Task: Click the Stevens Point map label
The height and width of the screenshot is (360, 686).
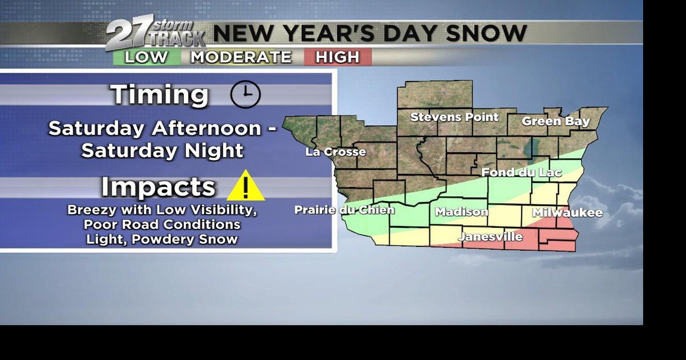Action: point(454,117)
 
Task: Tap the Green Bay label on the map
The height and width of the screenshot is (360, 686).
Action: point(555,121)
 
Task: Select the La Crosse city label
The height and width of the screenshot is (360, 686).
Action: point(335,152)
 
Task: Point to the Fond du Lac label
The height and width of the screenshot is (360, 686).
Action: point(521,172)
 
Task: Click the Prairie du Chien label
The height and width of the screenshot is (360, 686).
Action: point(344,210)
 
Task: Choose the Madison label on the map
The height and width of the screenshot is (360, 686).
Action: point(461,212)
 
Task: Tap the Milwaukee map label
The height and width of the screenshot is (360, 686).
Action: point(567,213)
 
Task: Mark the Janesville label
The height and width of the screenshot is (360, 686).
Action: point(490,236)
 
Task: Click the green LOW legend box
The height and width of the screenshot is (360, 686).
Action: point(146,57)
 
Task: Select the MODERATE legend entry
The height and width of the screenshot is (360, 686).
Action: point(241,57)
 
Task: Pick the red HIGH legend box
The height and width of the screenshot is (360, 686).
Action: point(338,57)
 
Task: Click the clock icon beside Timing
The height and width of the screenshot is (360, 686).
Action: point(245,95)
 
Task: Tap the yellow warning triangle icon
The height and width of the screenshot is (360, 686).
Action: point(245,186)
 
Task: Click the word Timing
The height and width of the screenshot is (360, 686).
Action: point(159,95)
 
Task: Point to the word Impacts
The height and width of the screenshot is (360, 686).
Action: point(158,186)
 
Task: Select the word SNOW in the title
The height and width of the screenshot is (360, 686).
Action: point(486,33)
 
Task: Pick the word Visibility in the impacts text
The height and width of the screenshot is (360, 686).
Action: point(221,210)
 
